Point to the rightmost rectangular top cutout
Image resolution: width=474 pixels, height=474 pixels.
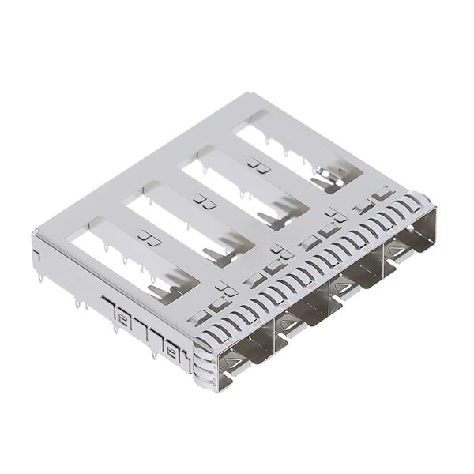point(296,150)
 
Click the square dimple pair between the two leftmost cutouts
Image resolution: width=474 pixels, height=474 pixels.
point(145,235)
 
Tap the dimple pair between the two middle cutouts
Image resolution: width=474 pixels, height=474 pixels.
point(201,202)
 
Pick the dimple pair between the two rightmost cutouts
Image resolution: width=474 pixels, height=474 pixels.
point(254,164)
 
